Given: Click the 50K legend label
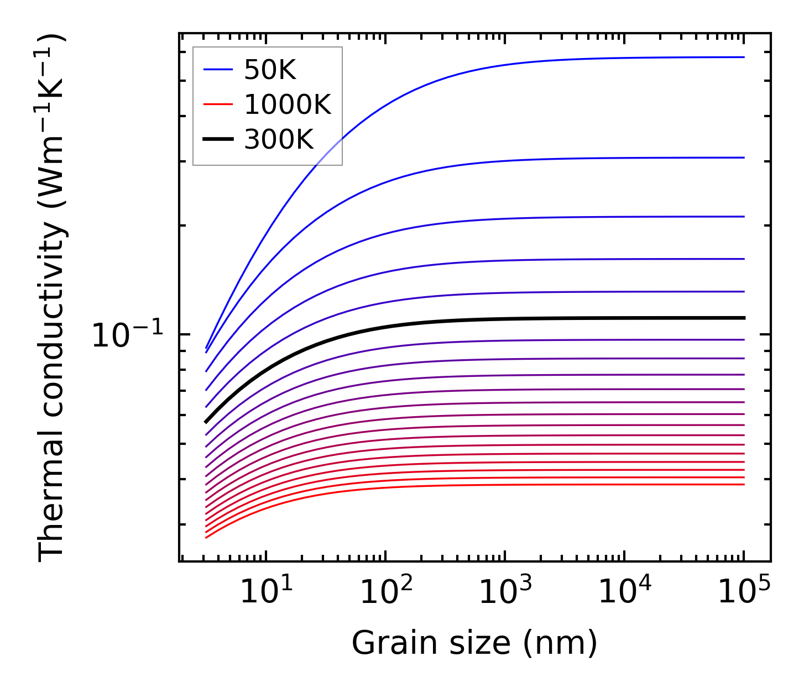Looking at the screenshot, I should click(270, 70).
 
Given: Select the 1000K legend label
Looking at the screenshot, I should click(288, 104).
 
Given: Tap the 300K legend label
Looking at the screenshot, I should click(279, 140).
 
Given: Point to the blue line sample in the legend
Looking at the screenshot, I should click(218, 70).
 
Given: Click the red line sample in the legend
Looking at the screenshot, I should click(218, 104).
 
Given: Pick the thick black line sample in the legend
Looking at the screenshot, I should click(218, 140).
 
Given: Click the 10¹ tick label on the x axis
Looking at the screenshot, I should click(266, 592).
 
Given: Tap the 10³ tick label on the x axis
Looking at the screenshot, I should click(505, 592).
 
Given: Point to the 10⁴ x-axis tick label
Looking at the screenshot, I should click(624, 592).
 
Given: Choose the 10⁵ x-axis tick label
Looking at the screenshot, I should click(744, 592).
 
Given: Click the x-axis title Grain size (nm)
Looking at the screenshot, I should click(474, 644).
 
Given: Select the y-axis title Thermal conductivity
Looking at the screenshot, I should click(52, 297).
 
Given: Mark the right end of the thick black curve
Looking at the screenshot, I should click(744, 318).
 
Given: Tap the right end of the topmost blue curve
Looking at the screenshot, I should click(744, 57).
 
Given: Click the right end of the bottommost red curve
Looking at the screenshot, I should click(744, 485).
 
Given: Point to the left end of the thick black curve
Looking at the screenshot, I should click(206, 422).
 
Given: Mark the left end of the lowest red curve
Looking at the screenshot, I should click(206, 538).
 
